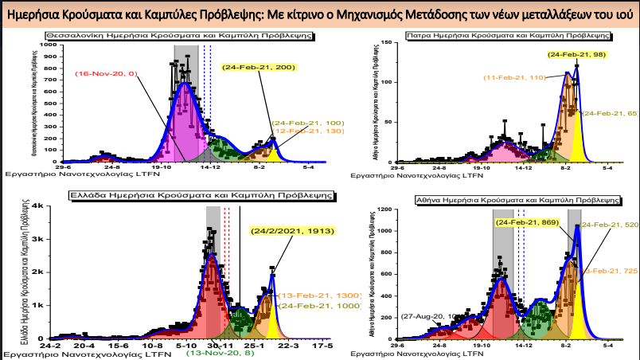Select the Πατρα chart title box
point(508,36)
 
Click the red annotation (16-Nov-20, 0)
point(107,73)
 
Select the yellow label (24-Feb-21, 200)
point(259,67)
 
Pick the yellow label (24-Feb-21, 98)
point(576,53)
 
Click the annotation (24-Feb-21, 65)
point(611,114)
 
